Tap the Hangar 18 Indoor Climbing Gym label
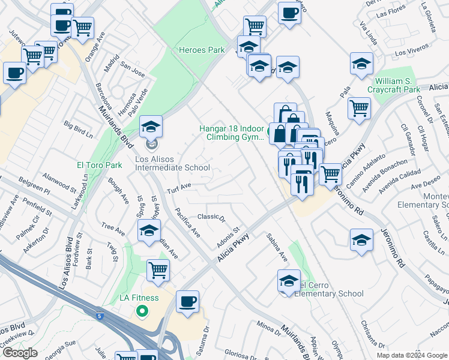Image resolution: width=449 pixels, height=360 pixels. [x=232, y=132]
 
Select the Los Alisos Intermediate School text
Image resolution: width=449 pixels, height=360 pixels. [x=172, y=164]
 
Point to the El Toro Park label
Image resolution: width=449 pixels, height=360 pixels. [x=100, y=165]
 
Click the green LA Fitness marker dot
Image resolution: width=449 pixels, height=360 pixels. [x=142, y=311]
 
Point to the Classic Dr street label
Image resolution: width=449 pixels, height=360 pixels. [x=211, y=217]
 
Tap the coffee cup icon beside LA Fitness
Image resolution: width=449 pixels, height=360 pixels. [x=188, y=301]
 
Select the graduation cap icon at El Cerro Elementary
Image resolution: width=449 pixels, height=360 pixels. [x=289, y=281]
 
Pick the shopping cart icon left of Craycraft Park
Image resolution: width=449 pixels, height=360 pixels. [x=359, y=108]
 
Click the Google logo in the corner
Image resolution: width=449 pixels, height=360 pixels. [x=20, y=353]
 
